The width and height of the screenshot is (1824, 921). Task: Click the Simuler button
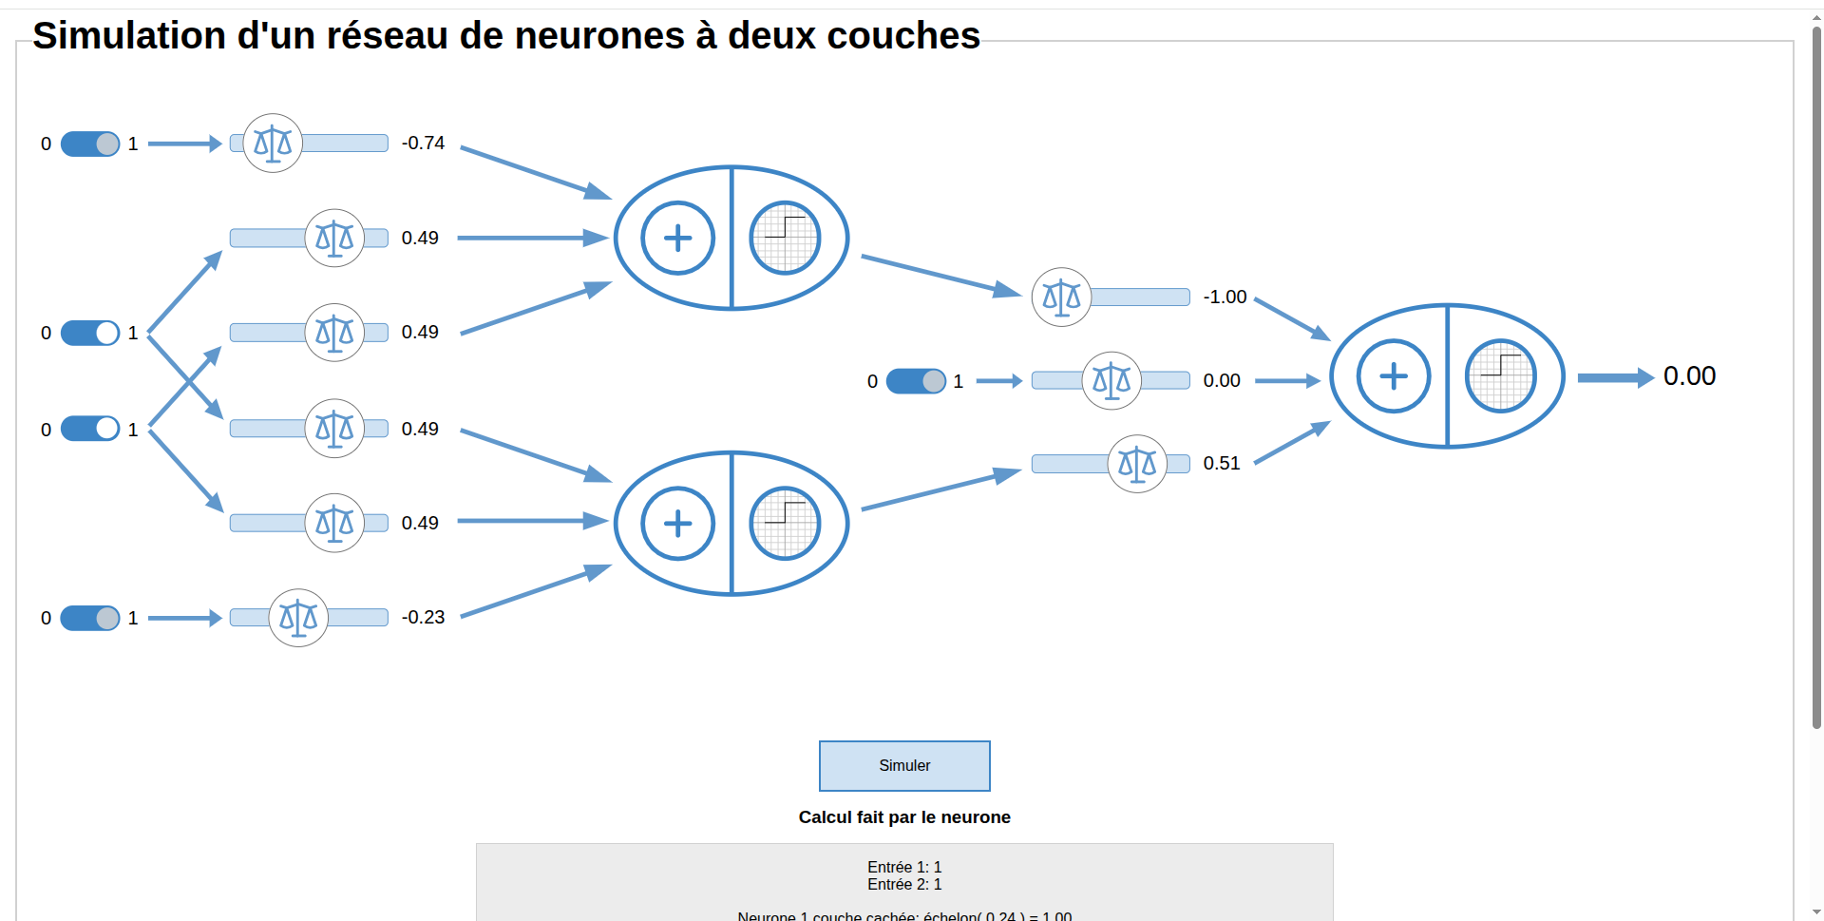(x=904, y=766)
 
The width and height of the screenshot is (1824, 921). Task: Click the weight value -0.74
(x=423, y=144)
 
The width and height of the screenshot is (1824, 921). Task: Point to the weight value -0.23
(x=423, y=618)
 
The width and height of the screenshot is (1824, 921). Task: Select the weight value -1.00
(x=1225, y=297)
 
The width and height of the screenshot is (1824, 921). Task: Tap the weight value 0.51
(x=1222, y=464)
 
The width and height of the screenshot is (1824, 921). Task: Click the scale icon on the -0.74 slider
(x=273, y=144)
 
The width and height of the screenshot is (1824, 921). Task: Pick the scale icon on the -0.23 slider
(x=298, y=618)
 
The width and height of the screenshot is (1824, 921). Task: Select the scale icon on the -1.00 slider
(x=1061, y=297)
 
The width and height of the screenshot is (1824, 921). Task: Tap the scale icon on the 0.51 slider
(x=1137, y=464)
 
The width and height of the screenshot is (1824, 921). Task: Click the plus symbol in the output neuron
(x=1394, y=376)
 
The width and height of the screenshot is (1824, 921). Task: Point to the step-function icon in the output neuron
(x=1501, y=376)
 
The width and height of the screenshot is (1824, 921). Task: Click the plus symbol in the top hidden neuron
(x=677, y=238)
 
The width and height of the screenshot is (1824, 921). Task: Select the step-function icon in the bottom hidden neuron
(x=785, y=523)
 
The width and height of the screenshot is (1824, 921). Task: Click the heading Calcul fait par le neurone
(x=904, y=817)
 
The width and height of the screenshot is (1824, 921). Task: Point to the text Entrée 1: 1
(x=904, y=867)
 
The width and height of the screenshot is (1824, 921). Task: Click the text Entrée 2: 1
(x=904, y=885)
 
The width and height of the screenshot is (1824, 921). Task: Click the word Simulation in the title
(x=129, y=36)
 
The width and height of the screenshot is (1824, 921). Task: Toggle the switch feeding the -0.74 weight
(x=90, y=144)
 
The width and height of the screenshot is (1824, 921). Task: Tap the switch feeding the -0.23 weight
(x=90, y=618)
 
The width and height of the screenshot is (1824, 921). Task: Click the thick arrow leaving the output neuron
(x=1615, y=377)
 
